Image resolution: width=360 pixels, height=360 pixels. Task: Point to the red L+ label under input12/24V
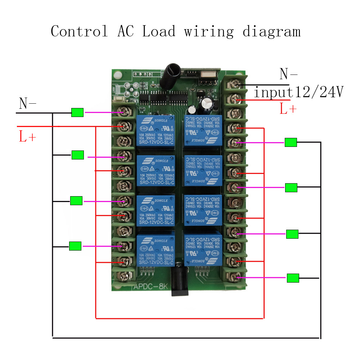click(288, 108)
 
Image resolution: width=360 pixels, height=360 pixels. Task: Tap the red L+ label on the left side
click(28, 136)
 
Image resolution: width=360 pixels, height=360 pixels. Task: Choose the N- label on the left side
click(28, 104)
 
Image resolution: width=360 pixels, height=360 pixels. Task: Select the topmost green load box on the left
click(77, 113)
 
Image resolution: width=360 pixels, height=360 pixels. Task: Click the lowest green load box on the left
click(75, 246)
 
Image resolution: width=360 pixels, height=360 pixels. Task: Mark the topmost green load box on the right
click(291, 142)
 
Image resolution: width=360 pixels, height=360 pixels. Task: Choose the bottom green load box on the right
click(293, 278)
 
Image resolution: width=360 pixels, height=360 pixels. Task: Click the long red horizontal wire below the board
click(180, 318)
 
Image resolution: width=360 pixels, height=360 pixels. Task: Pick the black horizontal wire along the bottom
click(186, 337)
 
